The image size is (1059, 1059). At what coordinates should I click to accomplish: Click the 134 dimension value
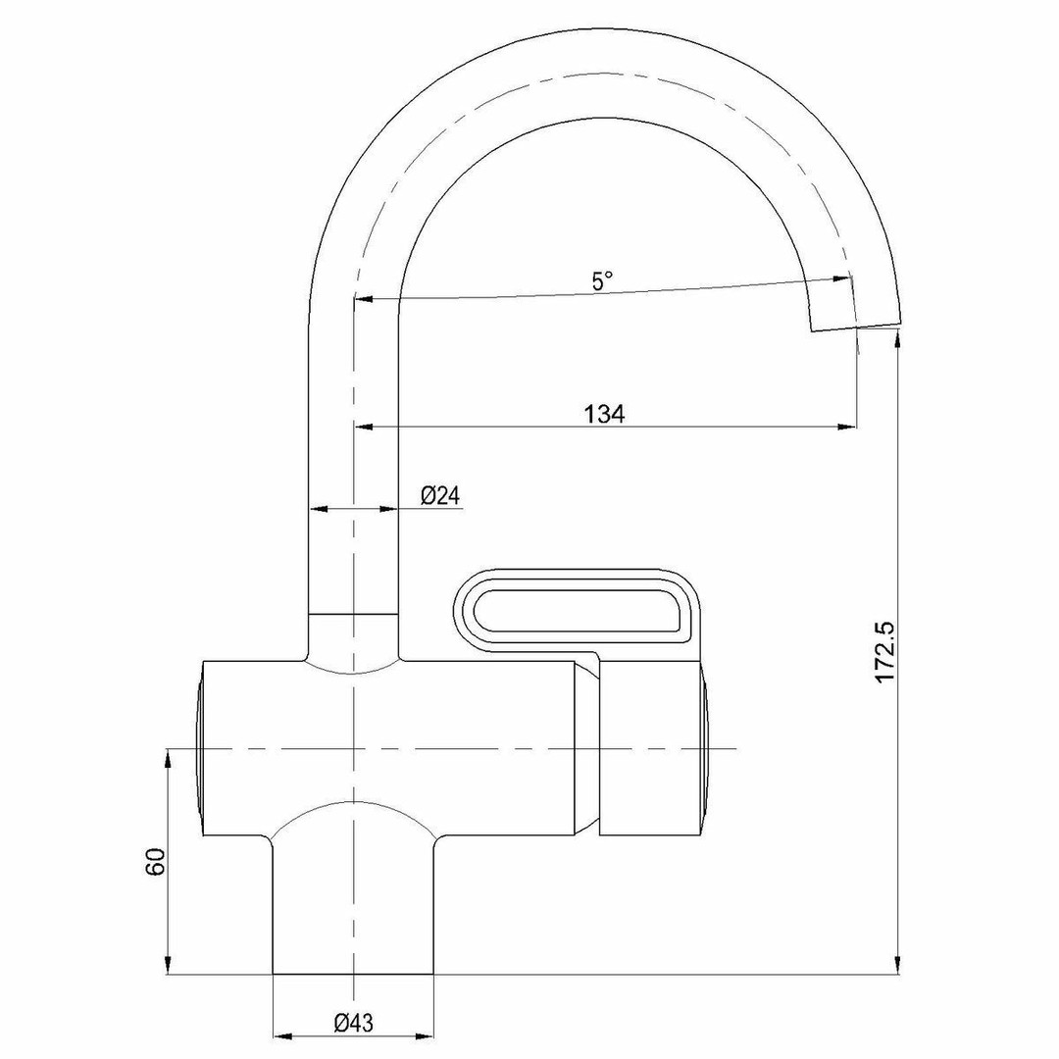[604, 414]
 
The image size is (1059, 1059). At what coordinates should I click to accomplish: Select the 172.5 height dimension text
[884, 652]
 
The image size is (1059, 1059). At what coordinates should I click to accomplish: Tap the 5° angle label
[603, 280]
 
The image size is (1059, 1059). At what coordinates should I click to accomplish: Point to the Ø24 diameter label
[439, 496]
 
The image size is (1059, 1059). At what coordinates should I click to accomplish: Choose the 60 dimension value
[155, 861]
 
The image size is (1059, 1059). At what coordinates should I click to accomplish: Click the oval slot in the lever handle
[579, 611]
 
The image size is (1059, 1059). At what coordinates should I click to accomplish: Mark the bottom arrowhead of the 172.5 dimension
[897, 965]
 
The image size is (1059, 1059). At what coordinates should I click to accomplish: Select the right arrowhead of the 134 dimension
[847, 427]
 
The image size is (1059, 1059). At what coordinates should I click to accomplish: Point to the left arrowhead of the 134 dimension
[364, 427]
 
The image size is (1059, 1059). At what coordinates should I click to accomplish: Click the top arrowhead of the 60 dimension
[168, 758]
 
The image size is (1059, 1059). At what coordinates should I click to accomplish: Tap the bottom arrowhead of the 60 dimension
[168, 965]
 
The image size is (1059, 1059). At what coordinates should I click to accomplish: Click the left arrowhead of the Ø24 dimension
[319, 509]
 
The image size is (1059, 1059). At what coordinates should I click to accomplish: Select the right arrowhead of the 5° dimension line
[841, 278]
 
